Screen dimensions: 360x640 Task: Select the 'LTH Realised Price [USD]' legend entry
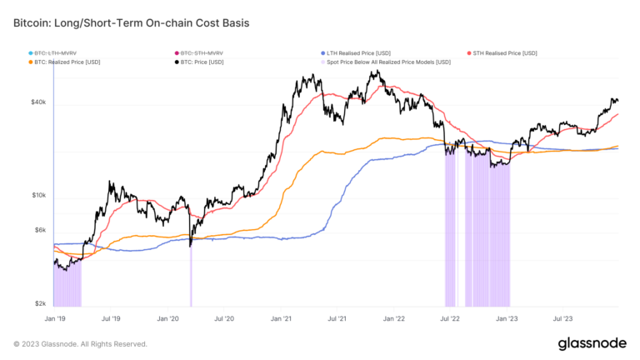click(359, 52)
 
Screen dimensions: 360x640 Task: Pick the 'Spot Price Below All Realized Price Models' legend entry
click(388, 62)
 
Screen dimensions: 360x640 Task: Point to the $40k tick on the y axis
click(38, 102)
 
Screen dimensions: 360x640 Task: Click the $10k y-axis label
click(38, 196)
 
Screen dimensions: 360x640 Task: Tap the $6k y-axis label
click(40, 230)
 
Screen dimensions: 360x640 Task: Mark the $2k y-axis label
click(40, 304)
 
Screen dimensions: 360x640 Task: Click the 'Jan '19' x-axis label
click(54, 318)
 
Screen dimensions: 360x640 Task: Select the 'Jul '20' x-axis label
click(223, 318)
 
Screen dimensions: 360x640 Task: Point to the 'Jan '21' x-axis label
click(281, 318)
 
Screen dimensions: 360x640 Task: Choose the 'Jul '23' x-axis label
click(564, 318)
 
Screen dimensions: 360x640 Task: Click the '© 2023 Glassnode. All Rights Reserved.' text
click(80, 343)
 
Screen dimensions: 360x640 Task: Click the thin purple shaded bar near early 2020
click(191, 275)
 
